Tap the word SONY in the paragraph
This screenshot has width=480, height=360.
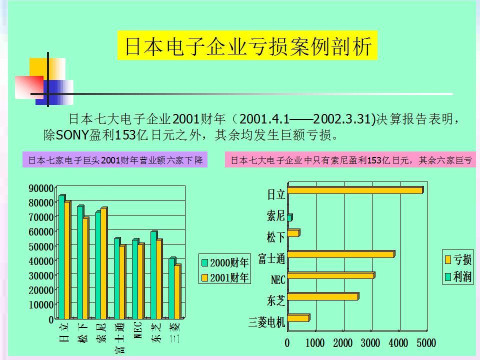pos(71,135)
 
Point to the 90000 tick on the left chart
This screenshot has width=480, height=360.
pos(41,188)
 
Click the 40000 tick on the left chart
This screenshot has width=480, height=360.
pos(41,261)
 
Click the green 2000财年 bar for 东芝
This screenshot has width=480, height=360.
pos(153,275)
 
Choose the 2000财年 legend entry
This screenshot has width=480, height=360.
pos(225,262)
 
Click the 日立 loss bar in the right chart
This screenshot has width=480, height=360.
pos(355,190)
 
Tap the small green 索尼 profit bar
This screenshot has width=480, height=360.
pos(289,217)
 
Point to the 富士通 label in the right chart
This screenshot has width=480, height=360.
pos(271,258)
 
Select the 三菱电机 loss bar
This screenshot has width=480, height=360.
pos(298,318)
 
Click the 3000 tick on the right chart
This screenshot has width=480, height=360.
pos(370,343)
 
